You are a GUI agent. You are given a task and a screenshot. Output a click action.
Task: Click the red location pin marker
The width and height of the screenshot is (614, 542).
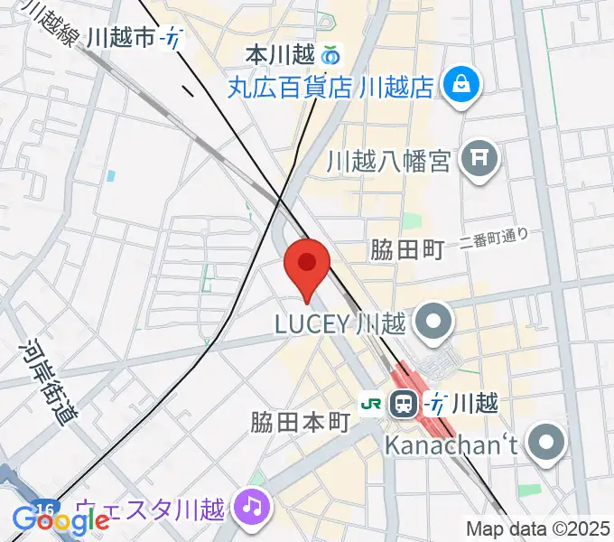point(306,265)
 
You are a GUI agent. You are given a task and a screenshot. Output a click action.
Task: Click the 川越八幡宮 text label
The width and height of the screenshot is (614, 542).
point(388,162)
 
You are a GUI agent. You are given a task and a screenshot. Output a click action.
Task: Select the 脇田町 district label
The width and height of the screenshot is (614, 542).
point(408,250)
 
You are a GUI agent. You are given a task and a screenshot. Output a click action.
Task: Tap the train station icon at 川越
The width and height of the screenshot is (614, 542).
point(403,403)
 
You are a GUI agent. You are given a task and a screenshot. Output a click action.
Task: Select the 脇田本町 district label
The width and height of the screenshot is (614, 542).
point(300,422)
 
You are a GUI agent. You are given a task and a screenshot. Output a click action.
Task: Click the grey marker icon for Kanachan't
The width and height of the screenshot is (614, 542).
point(547,444)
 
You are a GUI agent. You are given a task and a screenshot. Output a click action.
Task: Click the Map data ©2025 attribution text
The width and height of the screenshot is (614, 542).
point(538,529)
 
